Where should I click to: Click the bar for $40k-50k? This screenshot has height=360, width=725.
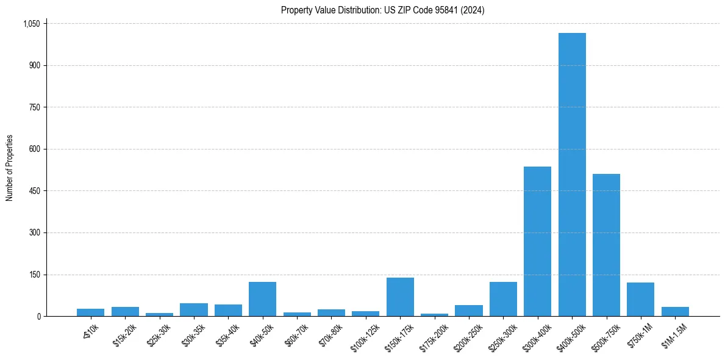point(262,299)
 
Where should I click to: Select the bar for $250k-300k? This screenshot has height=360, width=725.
point(503,299)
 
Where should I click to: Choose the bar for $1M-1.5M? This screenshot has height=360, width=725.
point(675,312)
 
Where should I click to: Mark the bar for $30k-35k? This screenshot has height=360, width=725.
point(193,310)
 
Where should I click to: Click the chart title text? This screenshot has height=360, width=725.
point(382,10)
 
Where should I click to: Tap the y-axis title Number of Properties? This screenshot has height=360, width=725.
point(10,168)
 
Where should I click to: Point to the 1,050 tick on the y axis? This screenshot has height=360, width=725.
point(31,24)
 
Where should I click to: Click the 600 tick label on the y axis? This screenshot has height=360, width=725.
point(34,149)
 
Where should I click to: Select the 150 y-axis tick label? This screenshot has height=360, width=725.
point(34,275)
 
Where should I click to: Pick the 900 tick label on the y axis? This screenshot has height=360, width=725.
point(34,65)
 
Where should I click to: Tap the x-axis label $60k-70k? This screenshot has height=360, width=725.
point(298,334)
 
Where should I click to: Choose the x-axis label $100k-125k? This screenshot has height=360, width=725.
point(365,336)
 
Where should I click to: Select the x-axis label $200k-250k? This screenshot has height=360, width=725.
point(468,336)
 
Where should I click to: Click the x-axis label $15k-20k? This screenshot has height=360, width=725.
point(126,334)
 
